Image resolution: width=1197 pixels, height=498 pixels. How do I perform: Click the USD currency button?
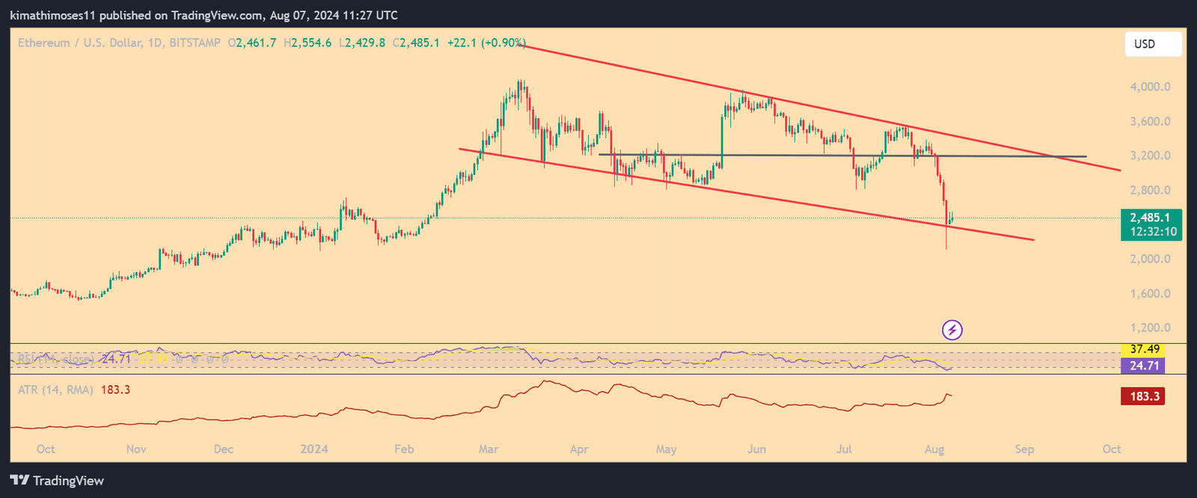1153,44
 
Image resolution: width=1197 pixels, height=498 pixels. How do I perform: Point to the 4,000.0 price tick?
1150,87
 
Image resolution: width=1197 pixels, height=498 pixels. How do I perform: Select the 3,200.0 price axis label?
1150,156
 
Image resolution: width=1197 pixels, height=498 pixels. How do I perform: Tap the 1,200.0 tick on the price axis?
1150,328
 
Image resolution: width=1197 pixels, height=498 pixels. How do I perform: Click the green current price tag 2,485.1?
1151,218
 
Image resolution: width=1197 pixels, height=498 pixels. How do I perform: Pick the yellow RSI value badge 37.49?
1144,349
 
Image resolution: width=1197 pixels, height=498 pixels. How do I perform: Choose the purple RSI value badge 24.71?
1144,366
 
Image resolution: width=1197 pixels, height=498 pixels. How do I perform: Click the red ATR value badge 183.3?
1143,396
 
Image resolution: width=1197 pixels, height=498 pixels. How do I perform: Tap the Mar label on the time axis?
489,449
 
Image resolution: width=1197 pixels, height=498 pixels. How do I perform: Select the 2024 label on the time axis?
314,449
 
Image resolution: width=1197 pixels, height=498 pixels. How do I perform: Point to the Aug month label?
934,449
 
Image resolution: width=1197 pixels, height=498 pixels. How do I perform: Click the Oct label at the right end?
1112,449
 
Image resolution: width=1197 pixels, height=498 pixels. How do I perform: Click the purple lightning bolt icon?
952,330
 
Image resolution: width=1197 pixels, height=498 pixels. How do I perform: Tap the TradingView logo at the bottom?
57,481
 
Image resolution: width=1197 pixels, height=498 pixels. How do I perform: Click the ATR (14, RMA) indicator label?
56,390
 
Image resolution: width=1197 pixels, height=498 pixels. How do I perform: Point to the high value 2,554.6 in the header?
311,43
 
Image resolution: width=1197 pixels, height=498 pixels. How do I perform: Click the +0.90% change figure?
503,43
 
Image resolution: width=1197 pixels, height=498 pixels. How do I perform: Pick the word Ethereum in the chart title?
44,43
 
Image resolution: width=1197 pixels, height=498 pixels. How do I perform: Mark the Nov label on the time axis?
136,449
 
